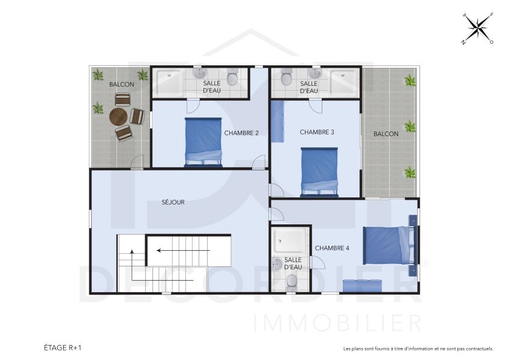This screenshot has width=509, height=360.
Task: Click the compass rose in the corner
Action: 477,28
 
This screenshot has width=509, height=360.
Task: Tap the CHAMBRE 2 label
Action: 241,133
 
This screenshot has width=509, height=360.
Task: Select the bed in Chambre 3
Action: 319,171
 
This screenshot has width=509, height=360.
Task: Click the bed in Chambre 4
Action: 387,245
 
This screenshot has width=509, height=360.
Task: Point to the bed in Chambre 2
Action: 203,142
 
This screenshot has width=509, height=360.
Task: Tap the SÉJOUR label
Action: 173,202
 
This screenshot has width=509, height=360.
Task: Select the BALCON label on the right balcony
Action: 385,134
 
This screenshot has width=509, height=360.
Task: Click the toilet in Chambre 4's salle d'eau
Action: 292,281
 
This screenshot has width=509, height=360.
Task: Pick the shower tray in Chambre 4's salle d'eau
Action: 291,241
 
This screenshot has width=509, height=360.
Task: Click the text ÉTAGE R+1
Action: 62,347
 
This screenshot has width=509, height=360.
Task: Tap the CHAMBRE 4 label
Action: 332,248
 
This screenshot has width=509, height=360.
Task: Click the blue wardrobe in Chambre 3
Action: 277,121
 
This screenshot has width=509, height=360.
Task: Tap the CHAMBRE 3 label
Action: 317,132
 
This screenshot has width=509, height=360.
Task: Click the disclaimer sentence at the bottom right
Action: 418,349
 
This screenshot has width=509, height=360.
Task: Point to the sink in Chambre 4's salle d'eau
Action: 278,263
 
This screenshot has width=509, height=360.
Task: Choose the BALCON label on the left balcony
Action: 121,85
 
